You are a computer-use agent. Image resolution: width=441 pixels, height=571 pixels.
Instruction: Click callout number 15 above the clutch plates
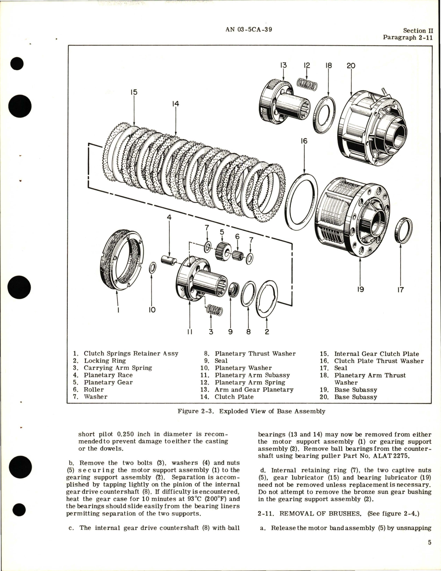tap(134, 92)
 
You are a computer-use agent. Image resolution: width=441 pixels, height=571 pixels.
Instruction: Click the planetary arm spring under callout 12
tap(307, 85)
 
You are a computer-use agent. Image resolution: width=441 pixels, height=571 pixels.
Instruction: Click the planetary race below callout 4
tap(169, 260)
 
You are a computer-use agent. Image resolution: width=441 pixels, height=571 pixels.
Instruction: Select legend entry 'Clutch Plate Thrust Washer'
tap(379, 361)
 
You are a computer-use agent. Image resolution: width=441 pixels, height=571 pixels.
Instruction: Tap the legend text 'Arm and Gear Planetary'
tap(254, 390)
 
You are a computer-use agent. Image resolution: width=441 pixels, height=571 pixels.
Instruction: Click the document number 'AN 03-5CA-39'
tap(248, 30)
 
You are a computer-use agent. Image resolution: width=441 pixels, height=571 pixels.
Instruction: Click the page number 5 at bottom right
tap(430, 543)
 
